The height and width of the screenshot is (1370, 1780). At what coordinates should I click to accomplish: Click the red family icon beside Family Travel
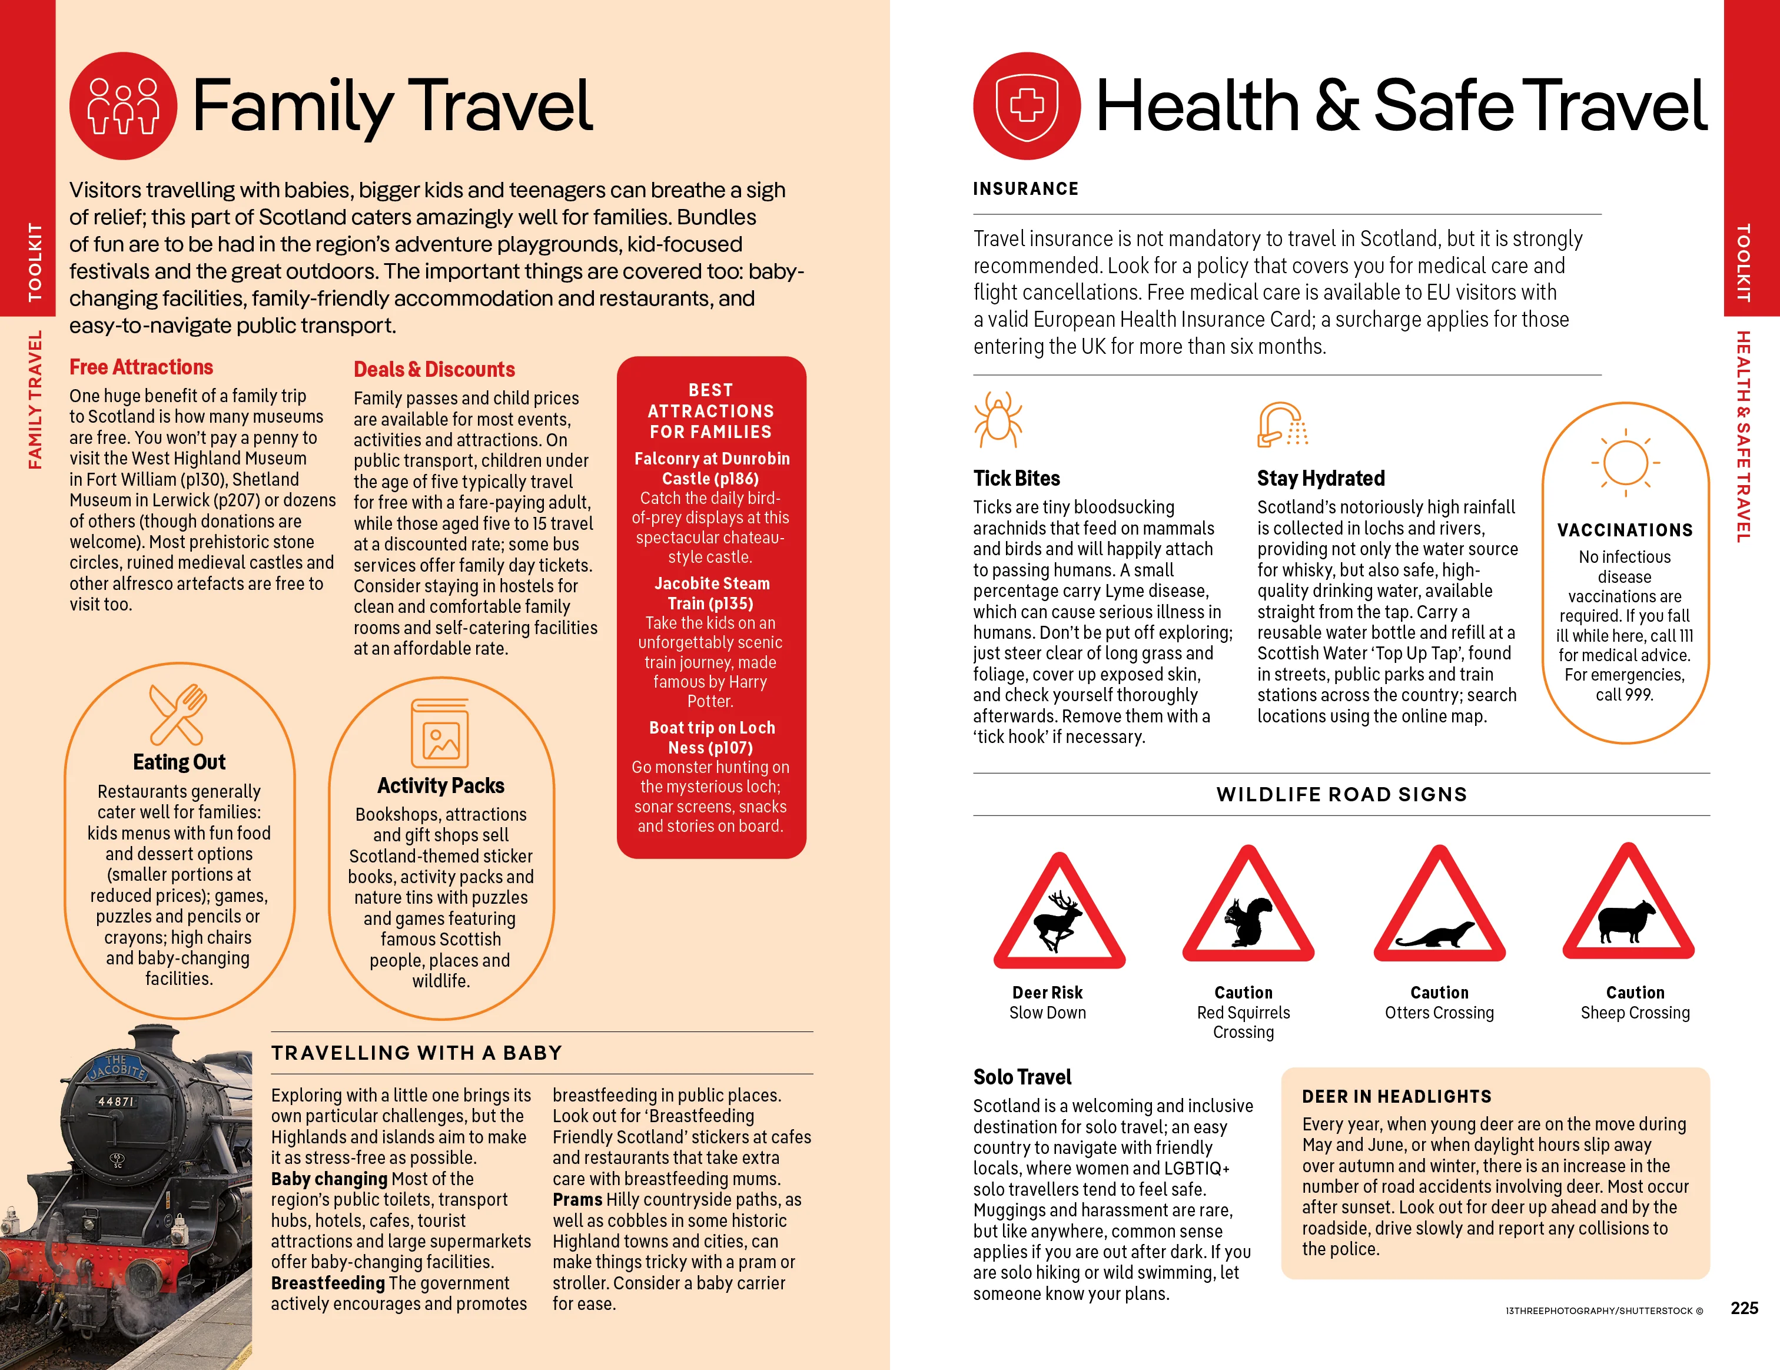123,106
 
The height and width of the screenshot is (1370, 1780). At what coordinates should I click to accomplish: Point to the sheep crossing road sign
1628,908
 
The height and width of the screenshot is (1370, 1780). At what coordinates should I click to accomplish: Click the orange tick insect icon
998,420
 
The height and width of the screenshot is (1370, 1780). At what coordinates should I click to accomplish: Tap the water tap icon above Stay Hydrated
1282,424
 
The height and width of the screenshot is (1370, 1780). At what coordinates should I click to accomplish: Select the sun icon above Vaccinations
1625,463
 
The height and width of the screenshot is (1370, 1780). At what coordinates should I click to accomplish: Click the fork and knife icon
178,714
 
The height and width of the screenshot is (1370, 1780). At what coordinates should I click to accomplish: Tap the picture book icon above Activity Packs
440,734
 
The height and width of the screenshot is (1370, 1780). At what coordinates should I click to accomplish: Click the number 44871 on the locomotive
117,1101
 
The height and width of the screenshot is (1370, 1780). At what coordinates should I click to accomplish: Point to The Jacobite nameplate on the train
117,1067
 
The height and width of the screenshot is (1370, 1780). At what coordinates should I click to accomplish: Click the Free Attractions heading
141,367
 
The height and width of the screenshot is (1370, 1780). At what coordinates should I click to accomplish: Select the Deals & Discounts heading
434,370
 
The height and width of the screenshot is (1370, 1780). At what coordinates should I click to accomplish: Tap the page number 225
1744,1308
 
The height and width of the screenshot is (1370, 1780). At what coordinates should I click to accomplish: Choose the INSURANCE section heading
1025,189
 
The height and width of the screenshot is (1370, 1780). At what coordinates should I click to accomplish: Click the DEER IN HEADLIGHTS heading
1396,1096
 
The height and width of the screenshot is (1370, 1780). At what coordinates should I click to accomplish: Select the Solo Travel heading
1022,1077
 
